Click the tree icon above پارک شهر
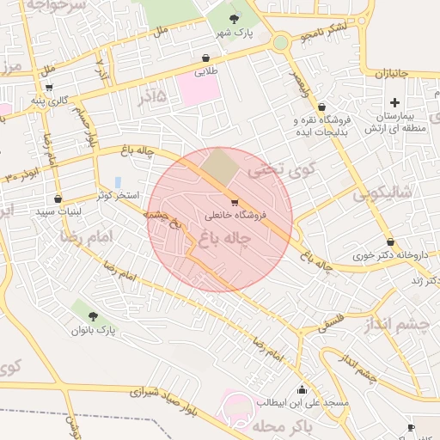235,19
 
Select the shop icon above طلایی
205,58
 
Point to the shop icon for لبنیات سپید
58,199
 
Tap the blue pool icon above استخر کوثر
117,183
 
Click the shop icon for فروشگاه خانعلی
235,203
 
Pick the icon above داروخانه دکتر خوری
390,242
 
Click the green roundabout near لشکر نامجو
280,42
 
